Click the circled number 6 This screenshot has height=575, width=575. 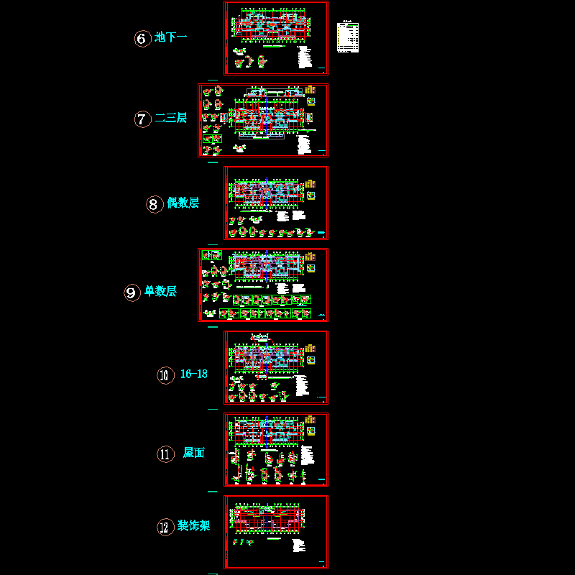142,38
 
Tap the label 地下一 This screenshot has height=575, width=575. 171,37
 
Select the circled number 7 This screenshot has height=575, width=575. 142,119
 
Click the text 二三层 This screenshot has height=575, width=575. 171,118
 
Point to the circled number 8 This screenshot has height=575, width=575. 155,204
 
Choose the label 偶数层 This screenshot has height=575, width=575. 183,203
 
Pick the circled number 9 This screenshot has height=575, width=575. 132,293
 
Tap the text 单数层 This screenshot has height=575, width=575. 160,292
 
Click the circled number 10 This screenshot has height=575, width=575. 165,375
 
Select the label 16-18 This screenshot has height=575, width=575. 193,374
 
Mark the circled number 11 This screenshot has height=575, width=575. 165,454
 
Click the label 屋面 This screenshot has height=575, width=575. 193,453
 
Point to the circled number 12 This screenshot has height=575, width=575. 165,528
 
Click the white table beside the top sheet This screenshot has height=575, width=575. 348,38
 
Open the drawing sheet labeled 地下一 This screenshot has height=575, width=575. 276,38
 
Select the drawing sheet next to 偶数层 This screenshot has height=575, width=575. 276,203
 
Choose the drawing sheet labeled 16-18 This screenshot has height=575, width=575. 276,367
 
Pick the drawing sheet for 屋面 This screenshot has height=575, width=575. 276,449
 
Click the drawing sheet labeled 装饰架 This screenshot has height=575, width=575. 276,531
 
